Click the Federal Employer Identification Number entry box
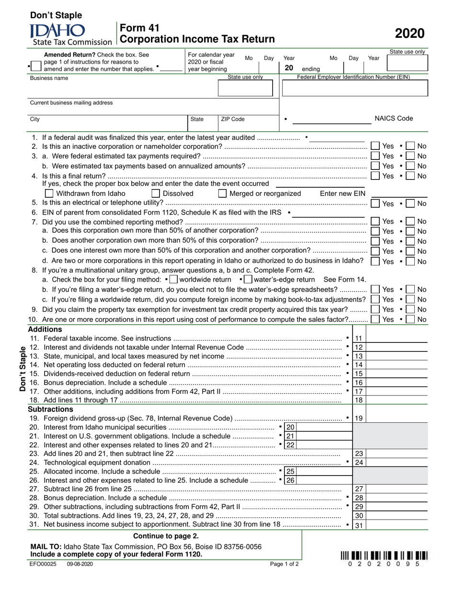point(354,89)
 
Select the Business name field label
point(49,78)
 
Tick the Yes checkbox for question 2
point(375,146)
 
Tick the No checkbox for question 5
point(410,204)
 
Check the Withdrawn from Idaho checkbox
point(49,193)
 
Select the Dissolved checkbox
point(156,193)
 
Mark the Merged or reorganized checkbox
point(222,193)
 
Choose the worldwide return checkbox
point(173,279)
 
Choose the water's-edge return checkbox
point(248,279)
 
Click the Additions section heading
point(45,329)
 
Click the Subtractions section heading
point(50,409)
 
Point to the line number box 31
point(359,525)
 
